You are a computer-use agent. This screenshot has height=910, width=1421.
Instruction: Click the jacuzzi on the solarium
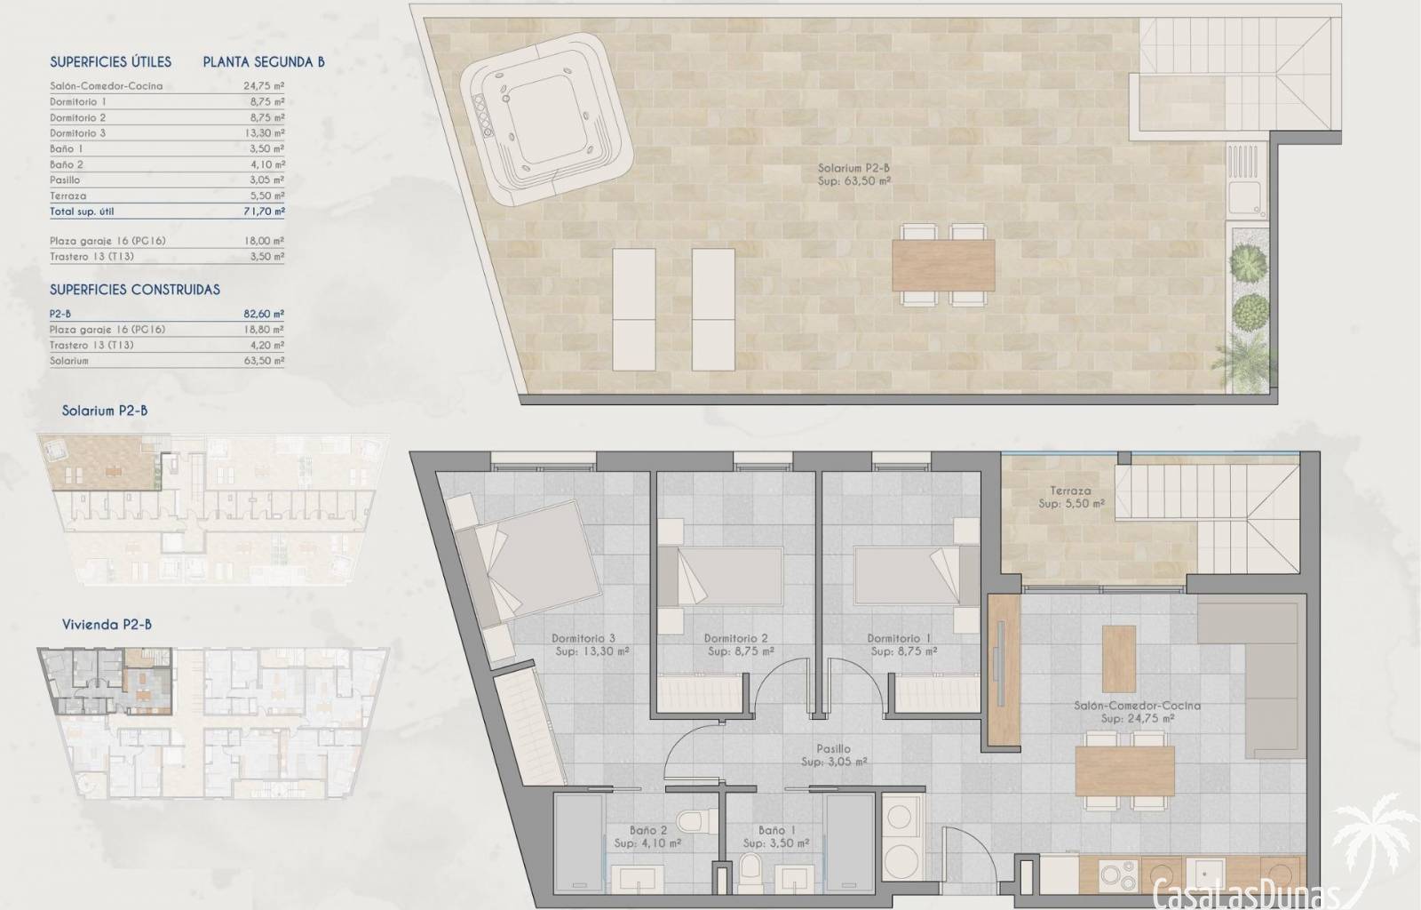pyautogui.click(x=547, y=119)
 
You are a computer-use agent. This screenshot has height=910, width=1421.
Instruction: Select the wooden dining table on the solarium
pyautogui.click(x=943, y=265)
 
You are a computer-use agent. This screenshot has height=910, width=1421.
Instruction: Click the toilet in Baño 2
pyautogui.click(x=696, y=820)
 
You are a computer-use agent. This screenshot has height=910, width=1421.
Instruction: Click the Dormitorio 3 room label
pyautogui.click(x=583, y=638)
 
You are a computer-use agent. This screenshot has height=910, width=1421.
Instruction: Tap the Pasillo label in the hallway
pyautogui.click(x=834, y=749)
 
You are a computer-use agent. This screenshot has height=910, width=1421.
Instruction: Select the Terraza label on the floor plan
pyautogui.click(x=1070, y=491)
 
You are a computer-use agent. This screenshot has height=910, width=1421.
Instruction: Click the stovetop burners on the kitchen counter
pyautogui.click(x=1118, y=875)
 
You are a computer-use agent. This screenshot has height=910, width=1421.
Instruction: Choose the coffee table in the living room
pyautogui.click(x=1118, y=659)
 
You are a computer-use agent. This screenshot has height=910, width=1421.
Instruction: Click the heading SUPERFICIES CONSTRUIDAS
pyautogui.click(x=134, y=290)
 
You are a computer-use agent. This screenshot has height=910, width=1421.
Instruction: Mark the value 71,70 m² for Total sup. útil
pyautogui.click(x=264, y=212)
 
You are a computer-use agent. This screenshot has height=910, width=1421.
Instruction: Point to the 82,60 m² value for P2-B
pyautogui.click(x=264, y=314)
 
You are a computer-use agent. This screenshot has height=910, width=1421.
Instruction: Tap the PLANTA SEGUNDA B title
pyautogui.click(x=264, y=61)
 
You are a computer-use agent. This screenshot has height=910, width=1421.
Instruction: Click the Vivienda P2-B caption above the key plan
pyautogui.click(x=107, y=625)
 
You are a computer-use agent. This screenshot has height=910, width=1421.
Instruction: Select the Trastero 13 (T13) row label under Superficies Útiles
pyautogui.click(x=91, y=256)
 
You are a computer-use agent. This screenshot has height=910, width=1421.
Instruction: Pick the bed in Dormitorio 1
pyautogui.click(x=916, y=574)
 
